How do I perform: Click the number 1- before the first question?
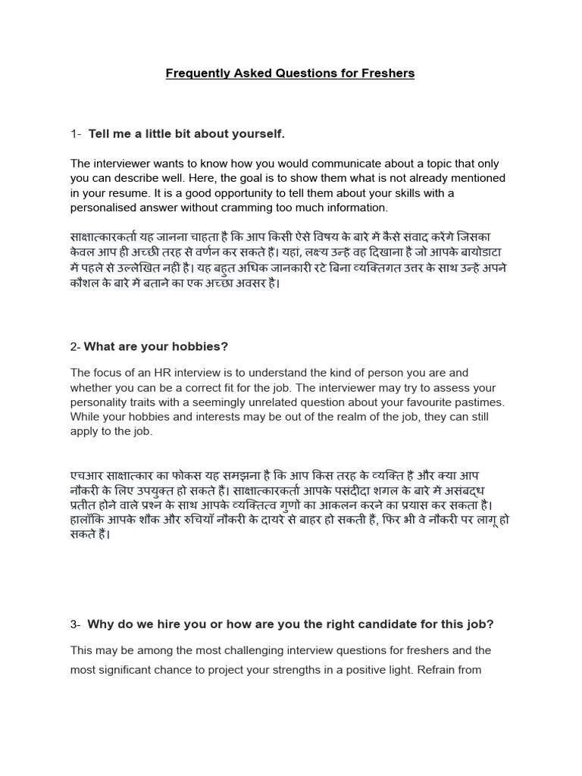76,134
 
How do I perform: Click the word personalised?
102,208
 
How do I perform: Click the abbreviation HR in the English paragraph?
165,373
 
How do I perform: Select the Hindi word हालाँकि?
91,520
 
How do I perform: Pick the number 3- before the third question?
76,624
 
